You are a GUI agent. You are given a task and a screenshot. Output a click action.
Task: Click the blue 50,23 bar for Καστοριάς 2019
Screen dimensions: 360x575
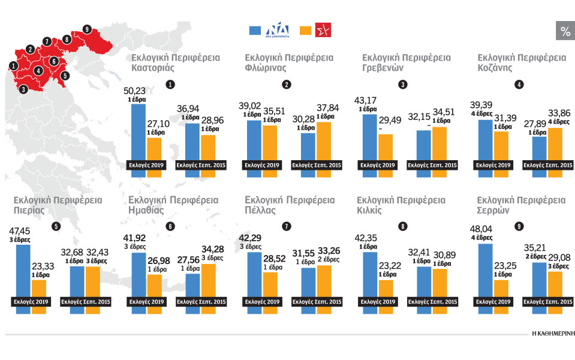[138, 132]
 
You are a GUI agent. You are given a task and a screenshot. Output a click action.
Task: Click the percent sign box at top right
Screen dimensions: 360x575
[565, 31]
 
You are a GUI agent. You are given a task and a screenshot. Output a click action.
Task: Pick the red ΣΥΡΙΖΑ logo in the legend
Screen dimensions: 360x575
[324, 31]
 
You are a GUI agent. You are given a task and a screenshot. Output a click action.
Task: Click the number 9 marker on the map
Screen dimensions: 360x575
[88, 29]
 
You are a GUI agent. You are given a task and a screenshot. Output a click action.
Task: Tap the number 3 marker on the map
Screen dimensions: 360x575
[23, 89]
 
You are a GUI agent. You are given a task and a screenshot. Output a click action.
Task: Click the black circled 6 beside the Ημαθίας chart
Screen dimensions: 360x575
[171, 226]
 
